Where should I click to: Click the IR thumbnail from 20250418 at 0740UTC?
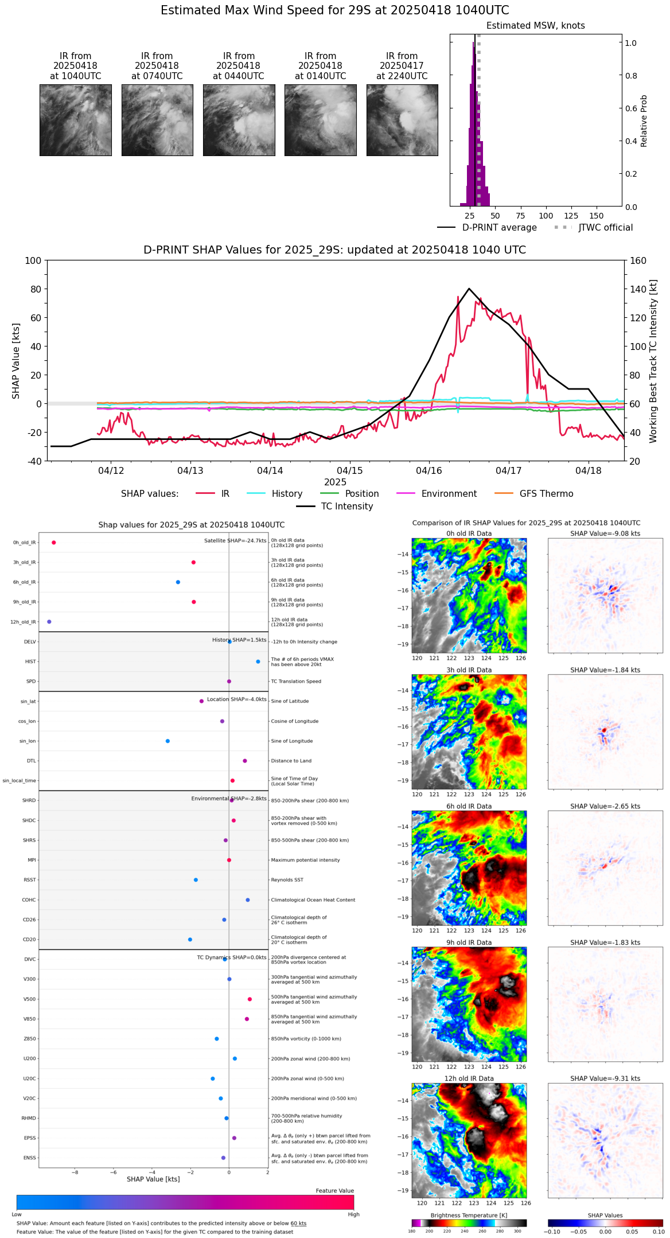tap(157, 120)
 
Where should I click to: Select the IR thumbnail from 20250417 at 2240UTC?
tap(402, 120)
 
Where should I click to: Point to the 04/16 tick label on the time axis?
tap(429, 471)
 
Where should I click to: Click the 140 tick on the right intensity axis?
tap(638, 289)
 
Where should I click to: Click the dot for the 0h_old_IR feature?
tap(53, 542)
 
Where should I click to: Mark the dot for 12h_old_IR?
tap(49, 622)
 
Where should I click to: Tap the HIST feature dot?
tap(258, 661)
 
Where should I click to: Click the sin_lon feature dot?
tap(167, 741)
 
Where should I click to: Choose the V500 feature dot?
tap(250, 999)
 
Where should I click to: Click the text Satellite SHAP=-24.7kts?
tap(235, 541)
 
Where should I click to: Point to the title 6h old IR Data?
tap(469, 806)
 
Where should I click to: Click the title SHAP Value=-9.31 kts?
tap(605, 1079)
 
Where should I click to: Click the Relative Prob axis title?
tap(644, 121)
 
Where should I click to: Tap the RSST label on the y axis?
tap(30, 880)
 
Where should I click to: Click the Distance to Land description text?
tap(291, 761)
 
